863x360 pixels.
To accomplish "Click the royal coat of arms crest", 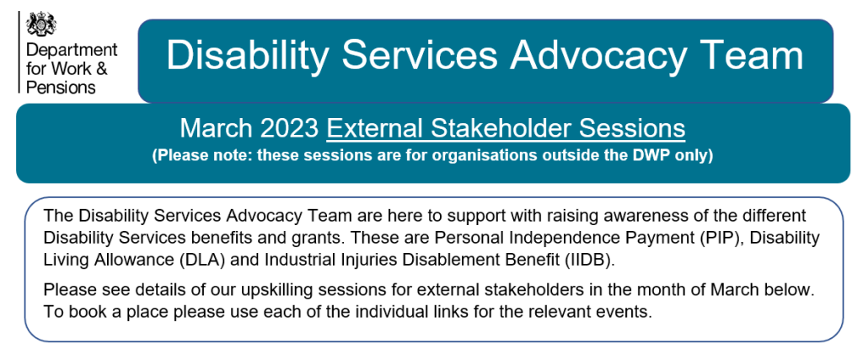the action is click(x=41, y=24).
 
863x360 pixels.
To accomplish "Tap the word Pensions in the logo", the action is click(x=61, y=87).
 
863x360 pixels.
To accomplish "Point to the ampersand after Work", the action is click(x=102, y=69).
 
